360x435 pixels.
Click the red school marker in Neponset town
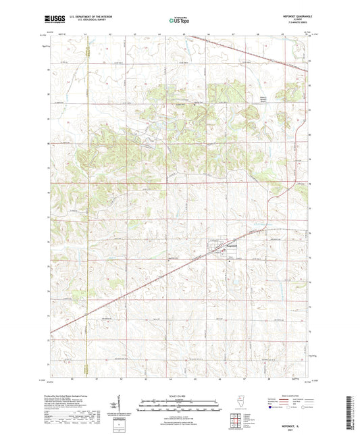pos(228,254)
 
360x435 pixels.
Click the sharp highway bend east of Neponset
pos(268,223)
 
